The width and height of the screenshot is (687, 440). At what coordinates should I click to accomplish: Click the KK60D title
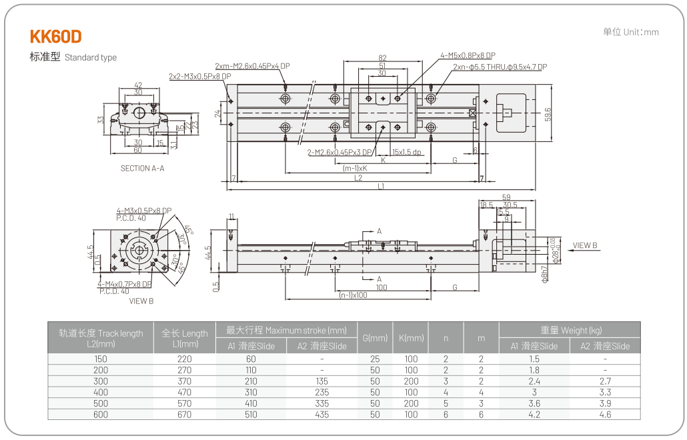pyautogui.click(x=56, y=36)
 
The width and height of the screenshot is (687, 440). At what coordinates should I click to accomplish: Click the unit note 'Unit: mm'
pyautogui.click(x=630, y=32)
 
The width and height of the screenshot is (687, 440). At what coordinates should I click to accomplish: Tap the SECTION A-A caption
pyautogui.click(x=142, y=169)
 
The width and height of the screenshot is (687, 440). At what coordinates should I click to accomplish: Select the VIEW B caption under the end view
pyautogui.click(x=141, y=301)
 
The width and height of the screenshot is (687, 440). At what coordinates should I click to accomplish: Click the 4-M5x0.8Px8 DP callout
pyautogui.click(x=468, y=55)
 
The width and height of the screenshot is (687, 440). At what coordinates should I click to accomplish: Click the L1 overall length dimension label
pyautogui.click(x=381, y=187)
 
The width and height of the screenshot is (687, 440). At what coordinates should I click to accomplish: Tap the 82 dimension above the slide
pyautogui.click(x=382, y=58)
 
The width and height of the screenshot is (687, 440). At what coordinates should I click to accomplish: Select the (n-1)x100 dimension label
pyautogui.click(x=353, y=295)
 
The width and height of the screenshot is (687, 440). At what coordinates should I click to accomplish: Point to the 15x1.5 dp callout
pyautogui.click(x=407, y=152)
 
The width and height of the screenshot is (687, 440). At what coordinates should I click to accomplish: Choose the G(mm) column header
pyautogui.click(x=375, y=338)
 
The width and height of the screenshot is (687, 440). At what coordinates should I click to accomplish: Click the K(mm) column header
pyautogui.click(x=412, y=338)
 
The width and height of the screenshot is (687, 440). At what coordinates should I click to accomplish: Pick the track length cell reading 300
pyautogui.click(x=101, y=381)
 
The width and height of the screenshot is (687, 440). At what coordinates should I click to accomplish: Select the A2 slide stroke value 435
pyautogui.click(x=321, y=415)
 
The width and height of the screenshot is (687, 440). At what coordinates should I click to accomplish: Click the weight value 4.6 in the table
pyautogui.click(x=605, y=415)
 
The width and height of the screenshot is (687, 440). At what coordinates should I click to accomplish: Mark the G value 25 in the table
pyautogui.click(x=375, y=359)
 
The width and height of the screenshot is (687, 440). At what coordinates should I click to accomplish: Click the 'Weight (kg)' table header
pyautogui.click(x=570, y=330)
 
